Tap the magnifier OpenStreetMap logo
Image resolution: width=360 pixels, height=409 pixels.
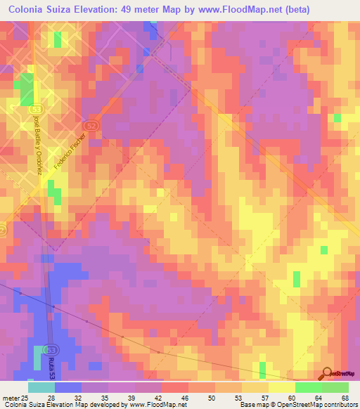coord(328,374)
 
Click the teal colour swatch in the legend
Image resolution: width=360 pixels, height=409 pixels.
coord(41,387)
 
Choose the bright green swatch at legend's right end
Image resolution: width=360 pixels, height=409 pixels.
coord(335,387)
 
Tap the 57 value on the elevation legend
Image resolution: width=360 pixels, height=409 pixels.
coord(269,398)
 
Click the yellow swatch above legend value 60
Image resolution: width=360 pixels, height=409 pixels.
coord(282,387)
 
